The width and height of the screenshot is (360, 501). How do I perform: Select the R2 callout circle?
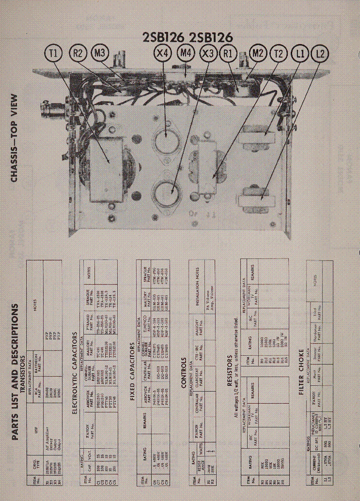(78, 53)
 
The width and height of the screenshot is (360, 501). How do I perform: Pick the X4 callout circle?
(163, 53)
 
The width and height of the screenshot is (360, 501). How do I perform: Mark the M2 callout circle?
(258, 53)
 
